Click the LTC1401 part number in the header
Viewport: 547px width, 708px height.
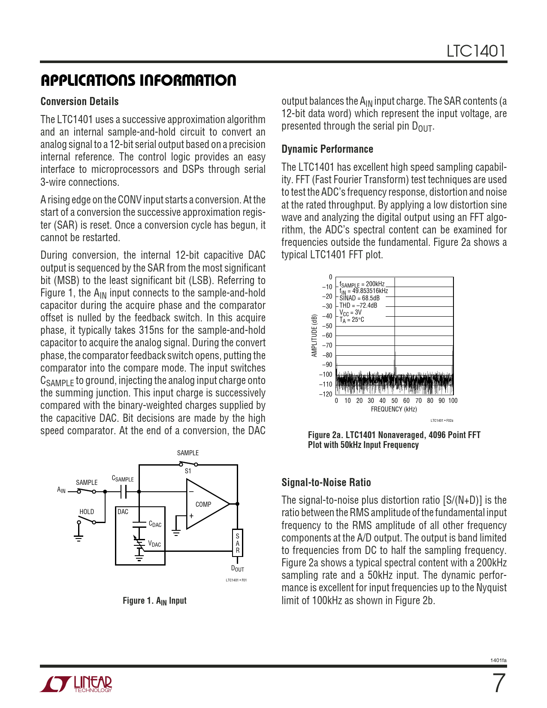point(476,51)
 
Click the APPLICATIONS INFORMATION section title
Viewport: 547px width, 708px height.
point(138,80)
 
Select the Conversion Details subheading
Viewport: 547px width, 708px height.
point(79,102)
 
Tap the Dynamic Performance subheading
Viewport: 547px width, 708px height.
point(327,149)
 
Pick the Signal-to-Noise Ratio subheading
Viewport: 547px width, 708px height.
point(326,483)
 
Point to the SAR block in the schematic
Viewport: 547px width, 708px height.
point(238,543)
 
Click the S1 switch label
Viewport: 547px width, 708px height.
point(188,471)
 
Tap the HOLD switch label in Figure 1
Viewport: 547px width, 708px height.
point(87,512)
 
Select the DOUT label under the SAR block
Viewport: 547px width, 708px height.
point(237,569)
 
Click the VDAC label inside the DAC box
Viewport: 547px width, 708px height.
point(154,544)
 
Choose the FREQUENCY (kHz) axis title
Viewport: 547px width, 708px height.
point(394,409)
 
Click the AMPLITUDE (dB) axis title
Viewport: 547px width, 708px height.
point(314,336)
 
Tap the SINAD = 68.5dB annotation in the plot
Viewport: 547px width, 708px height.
point(360,298)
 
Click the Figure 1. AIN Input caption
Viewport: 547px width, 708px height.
point(154,601)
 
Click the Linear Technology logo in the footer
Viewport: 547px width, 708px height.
point(76,684)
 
